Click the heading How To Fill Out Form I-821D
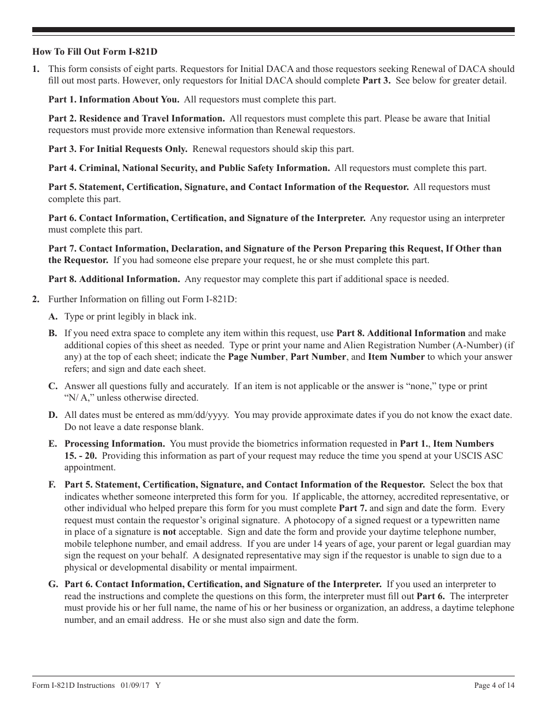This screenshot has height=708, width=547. tap(95, 51)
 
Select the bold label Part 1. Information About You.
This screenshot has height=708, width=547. tap(113, 100)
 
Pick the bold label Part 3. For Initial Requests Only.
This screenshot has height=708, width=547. tap(117, 149)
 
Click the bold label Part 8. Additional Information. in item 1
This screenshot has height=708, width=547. tap(114, 279)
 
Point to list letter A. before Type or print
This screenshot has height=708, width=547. tap(52, 317)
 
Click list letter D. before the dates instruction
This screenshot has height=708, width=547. tap(52, 415)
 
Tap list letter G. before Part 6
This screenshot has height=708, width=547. tap(53, 584)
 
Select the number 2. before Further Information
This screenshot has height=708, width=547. tap(36, 299)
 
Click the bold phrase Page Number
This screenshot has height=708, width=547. tap(256, 357)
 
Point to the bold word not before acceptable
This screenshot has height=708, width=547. tap(169, 532)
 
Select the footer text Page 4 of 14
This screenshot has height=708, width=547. tap(494, 686)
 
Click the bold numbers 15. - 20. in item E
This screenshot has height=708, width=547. tap(80, 455)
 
